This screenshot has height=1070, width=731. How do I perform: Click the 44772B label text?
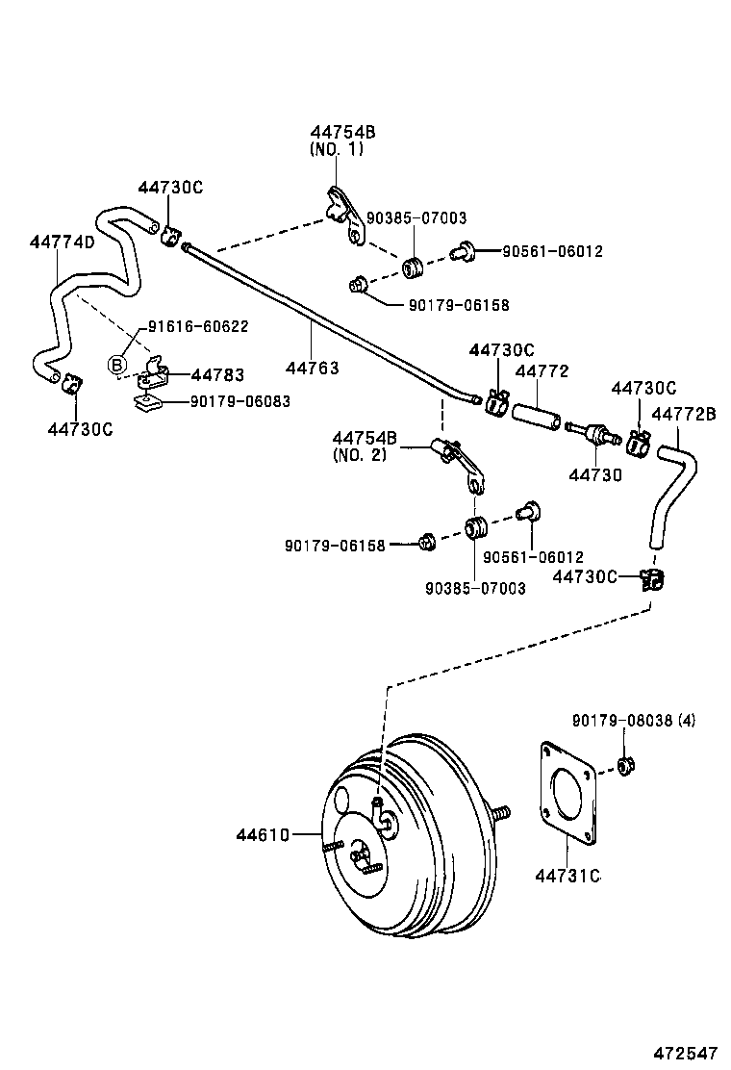point(684,414)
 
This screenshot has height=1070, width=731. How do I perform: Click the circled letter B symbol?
point(116,365)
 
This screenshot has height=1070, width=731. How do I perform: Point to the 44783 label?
point(217,375)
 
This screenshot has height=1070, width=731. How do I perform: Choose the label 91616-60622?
point(197,326)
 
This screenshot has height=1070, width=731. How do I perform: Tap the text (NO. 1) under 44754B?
point(337,149)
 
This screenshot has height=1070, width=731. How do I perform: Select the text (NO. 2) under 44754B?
point(359,454)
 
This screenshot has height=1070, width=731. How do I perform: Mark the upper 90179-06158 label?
point(458,305)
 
